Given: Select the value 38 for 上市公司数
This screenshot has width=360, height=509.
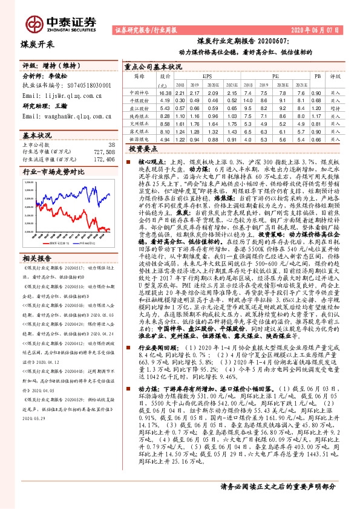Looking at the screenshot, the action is click(x=110, y=145).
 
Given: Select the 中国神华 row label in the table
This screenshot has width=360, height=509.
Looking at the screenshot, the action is click(x=139, y=93).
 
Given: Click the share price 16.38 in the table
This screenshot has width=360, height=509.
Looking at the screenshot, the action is click(x=165, y=93).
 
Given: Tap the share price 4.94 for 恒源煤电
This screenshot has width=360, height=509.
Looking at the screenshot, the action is click(x=165, y=138).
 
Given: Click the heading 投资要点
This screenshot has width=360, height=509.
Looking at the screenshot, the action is click(x=143, y=148).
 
